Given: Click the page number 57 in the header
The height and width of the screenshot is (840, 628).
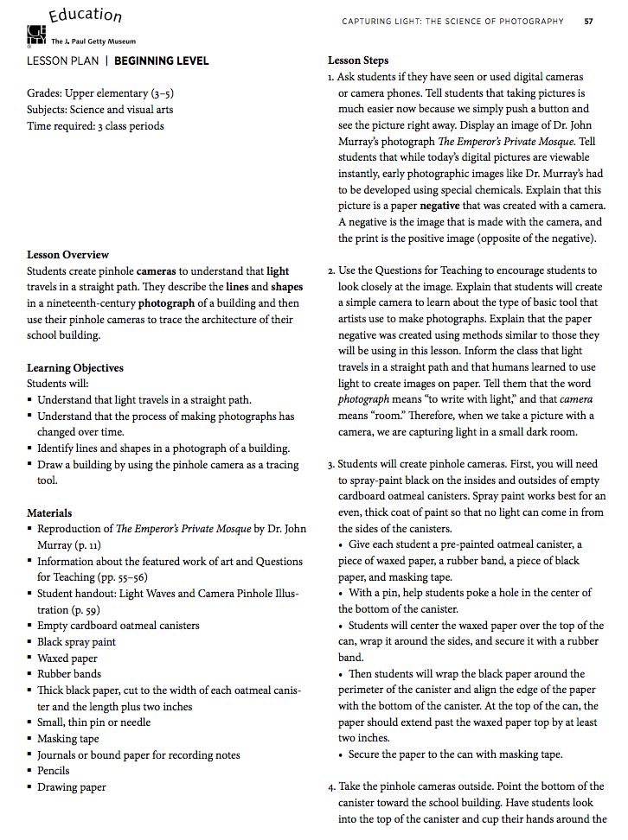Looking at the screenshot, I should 588,22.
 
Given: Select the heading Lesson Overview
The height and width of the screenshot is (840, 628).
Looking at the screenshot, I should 67,255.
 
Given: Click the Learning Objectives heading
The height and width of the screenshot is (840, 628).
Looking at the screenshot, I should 74,368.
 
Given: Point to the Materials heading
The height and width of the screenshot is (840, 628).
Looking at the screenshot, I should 49,513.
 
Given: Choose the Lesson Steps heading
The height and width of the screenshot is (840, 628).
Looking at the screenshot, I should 358,61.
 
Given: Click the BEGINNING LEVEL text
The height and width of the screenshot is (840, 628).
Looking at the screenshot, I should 161,61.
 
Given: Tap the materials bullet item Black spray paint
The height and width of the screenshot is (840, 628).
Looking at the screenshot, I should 76,642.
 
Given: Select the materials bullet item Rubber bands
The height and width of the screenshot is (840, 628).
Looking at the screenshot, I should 69,674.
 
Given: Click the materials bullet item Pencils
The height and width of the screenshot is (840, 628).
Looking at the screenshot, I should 54,771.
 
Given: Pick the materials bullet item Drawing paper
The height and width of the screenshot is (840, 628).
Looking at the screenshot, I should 72,787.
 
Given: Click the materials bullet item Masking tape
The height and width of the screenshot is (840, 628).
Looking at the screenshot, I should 68,739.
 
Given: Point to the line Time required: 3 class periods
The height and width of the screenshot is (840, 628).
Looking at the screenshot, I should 95,126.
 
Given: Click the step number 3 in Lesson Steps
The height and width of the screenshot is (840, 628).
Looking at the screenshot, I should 331,464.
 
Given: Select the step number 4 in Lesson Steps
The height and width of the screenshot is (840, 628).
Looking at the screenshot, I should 331,786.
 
